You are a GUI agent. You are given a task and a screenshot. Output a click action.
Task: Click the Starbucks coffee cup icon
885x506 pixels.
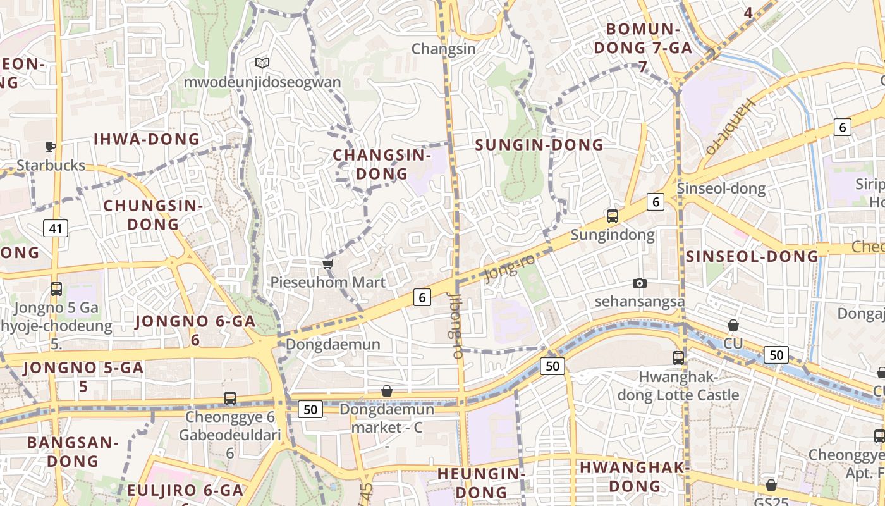pyautogui.click(x=51, y=147)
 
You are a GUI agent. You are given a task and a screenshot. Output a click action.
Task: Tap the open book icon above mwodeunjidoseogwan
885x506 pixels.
pyautogui.click(x=262, y=63)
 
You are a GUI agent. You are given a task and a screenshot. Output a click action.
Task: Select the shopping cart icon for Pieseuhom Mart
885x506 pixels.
pyautogui.click(x=327, y=264)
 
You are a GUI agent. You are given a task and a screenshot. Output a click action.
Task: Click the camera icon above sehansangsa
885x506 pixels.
pyautogui.click(x=640, y=283)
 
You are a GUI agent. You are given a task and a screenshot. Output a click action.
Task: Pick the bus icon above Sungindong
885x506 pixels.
pyautogui.click(x=612, y=216)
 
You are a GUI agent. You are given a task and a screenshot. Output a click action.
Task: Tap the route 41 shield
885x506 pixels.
pyautogui.click(x=56, y=228)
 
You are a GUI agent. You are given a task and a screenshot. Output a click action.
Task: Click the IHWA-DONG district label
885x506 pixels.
pyautogui.click(x=147, y=139)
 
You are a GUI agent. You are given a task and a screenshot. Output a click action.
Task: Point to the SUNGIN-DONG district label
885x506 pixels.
pyautogui.click(x=539, y=145)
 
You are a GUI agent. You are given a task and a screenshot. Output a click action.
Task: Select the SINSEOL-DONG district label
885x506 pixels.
pyautogui.click(x=752, y=256)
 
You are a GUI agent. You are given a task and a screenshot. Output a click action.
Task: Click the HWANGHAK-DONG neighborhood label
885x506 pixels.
pyautogui.click(x=634, y=476)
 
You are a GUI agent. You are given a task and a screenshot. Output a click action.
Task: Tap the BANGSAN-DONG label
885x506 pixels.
pyautogui.click(x=73, y=452)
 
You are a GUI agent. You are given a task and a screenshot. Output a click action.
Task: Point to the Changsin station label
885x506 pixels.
pyautogui.click(x=443, y=49)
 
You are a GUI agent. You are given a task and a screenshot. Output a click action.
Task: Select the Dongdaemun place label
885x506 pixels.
pyautogui.click(x=333, y=344)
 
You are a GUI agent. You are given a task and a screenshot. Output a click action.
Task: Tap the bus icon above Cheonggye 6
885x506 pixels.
pyautogui.click(x=230, y=398)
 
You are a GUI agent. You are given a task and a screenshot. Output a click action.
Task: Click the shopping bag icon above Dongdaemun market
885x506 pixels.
pyautogui.click(x=387, y=392)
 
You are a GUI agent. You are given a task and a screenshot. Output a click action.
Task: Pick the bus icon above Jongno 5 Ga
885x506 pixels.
pyautogui.click(x=56, y=289)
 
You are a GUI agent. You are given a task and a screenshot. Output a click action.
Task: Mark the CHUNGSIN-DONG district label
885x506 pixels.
pyautogui.click(x=153, y=215)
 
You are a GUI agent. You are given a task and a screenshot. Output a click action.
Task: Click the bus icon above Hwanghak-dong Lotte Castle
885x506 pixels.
pyautogui.click(x=678, y=358)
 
